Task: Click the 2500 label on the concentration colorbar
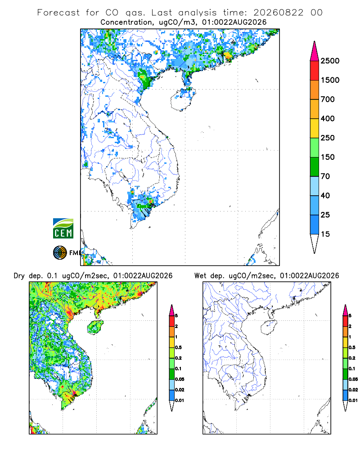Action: [330, 61]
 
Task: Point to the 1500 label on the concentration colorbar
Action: [330, 80]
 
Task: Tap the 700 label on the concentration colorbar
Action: [328, 99]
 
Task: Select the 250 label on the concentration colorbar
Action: [328, 138]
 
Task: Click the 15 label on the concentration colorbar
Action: [325, 234]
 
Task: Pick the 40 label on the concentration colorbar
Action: [325, 195]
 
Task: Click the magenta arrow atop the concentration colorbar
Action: [315, 51]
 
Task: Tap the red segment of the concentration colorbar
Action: [315, 70]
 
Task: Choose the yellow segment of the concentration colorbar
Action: [315, 128]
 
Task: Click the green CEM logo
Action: [63, 229]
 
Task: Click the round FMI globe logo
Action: [60, 252]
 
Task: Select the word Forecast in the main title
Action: [58, 13]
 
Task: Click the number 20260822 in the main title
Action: [278, 13]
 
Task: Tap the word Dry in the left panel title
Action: [19, 276]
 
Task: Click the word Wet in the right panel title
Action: [200, 276]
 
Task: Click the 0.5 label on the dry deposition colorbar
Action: [178, 347]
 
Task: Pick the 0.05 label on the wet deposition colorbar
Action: [353, 379]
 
